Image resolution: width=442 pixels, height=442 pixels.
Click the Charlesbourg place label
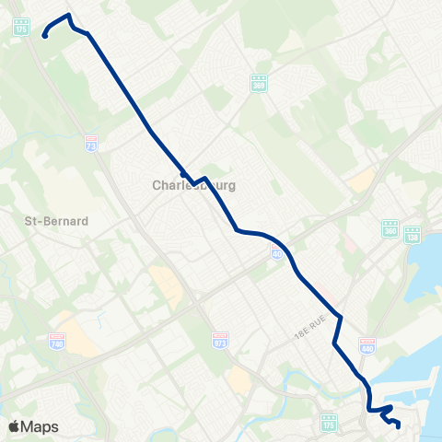pos(193,185)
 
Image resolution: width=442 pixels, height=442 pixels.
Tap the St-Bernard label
pos(55,221)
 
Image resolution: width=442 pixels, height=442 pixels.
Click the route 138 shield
pos(413,237)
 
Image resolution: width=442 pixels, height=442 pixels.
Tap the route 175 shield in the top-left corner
pos(22,27)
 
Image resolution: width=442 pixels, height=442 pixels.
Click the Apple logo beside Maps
pos(15,426)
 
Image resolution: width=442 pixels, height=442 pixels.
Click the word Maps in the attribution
pos(41,426)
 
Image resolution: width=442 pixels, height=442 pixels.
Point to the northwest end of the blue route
pos(44,37)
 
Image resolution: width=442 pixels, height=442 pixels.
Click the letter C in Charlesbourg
pos(157,185)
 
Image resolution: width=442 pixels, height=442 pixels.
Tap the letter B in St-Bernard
pos(45,221)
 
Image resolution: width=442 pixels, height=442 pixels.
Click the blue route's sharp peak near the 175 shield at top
pos(68,15)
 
